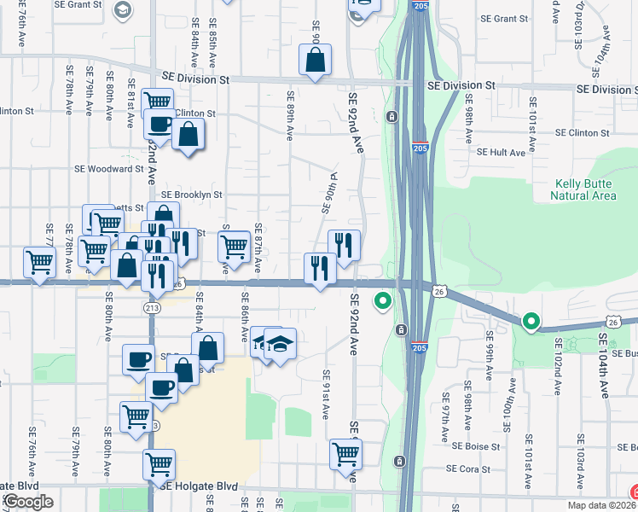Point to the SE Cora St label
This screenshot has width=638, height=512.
pyautogui.click(x=469, y=469)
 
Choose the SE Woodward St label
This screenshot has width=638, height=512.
pyautogui.click(x=109, y=169)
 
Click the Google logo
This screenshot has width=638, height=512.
pyautogui.click(x=27, y=502)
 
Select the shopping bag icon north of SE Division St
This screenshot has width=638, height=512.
pyautogui.click(x=315, y=60)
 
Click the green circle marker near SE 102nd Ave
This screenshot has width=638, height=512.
pyautogui.click(x=531, y=322)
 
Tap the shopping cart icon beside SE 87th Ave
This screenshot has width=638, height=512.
pyautogui.click(x=234, y=247)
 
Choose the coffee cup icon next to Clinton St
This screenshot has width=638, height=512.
pyautogui.click(x=159, y=124)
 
